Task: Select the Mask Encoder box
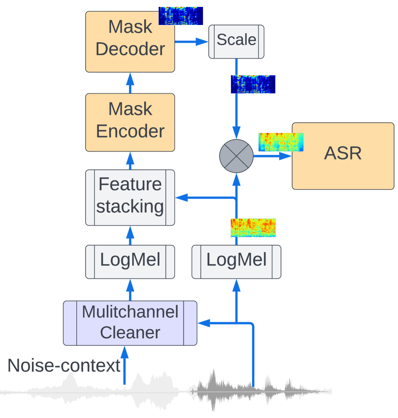pyautogui.click(x=130, y=122)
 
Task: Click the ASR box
pyautogui.click(x=343, y=156)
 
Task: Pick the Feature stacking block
pyautogui.click(x=130, y=197)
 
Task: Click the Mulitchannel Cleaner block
pyautogui.click(x=130, y=323)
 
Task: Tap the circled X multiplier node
pyautogui.click(x=236, y=156)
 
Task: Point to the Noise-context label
pyautogui.click(x=64, y=366)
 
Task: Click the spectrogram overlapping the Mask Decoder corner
pyautogui.click(x=180, y=16)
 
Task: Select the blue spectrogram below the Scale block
pyautogui.click(x=253, y=84)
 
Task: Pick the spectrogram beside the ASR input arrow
pyautogui.click(x=281, y=142)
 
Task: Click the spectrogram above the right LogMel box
pyautogui.click(x=253, y=227)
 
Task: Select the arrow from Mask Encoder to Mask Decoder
pyautogui.click(x=130, y=83)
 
